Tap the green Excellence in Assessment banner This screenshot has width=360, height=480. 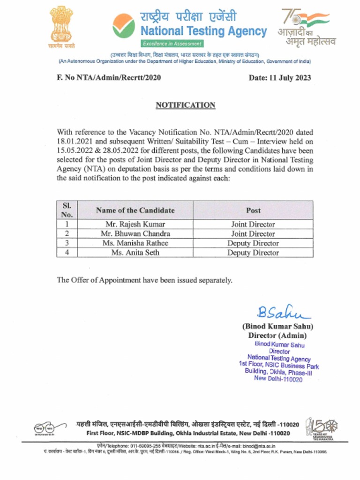172,44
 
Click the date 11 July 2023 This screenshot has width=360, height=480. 279,78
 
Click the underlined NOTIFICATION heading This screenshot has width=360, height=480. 185,105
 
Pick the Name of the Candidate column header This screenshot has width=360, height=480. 135,210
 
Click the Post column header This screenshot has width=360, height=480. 253,210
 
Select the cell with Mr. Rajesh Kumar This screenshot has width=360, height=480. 135,225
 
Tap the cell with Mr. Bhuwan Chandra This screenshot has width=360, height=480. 135,234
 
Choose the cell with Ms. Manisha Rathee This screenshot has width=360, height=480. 135,243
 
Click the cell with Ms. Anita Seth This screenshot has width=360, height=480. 135,253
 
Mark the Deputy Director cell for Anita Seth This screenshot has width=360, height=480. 253,253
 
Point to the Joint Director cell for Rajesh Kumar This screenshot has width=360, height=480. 253,225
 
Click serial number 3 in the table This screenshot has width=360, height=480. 67,243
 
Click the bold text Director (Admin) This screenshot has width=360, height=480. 277,336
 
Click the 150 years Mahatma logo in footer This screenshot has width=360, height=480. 321,427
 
